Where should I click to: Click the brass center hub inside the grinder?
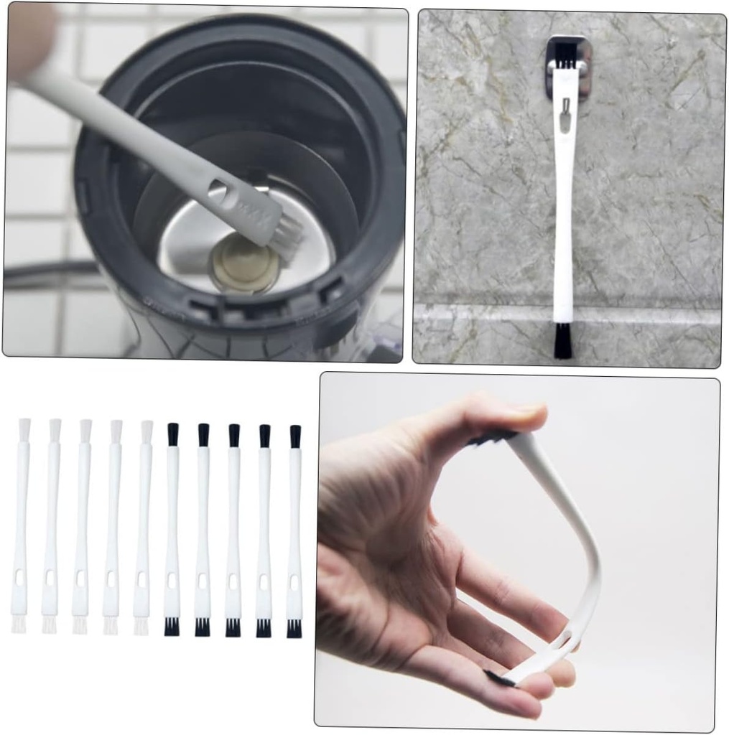coord(243,263)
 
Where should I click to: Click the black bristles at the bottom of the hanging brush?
coord(562,340)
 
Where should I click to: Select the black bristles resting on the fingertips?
coord(501,677)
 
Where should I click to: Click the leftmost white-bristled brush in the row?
coord(20,524)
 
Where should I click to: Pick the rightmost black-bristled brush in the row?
coord(294,531)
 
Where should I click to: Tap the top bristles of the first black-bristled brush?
coord(172,434)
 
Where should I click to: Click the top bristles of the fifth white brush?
coord(147,431)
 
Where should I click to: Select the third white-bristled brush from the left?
coord(81,524)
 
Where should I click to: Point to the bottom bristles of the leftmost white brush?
coord(19,624)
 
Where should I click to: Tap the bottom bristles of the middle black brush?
coord(233,627)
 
